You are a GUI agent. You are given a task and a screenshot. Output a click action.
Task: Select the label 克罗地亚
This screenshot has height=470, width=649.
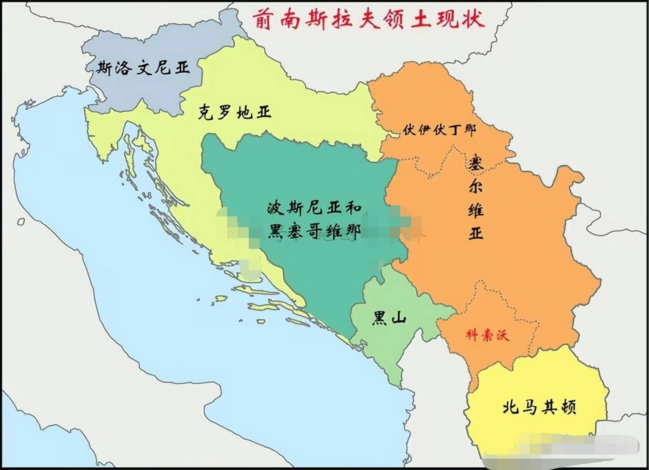(235, 112)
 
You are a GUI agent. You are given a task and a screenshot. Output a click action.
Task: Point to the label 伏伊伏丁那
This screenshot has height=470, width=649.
(439, 130)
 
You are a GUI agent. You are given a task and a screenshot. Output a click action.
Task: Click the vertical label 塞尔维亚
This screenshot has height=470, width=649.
(476, 198)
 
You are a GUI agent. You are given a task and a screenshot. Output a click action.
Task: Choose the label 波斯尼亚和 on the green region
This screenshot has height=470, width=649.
(314, 208)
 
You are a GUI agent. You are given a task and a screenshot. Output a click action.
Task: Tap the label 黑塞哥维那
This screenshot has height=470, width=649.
(314, 231)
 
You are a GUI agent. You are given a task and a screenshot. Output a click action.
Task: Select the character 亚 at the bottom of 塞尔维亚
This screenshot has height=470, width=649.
(476, 233)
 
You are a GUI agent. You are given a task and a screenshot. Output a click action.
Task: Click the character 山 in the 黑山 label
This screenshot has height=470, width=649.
(398, 318)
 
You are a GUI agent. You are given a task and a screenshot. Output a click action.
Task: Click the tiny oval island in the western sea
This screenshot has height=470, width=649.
(21, 222)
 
